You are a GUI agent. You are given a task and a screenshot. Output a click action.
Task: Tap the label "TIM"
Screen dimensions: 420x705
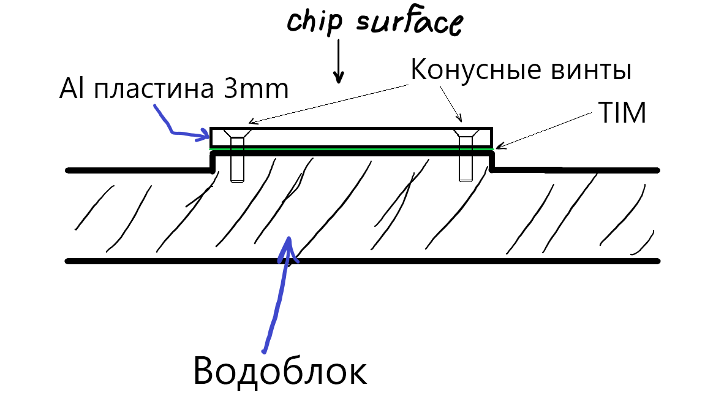pos(622,113)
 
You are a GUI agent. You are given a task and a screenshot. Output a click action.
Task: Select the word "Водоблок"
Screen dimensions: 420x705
pos(281,370)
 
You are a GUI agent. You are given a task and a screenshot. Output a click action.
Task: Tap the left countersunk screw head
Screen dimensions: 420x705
pos(236,134)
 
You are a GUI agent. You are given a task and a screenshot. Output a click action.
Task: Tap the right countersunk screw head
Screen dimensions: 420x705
pos(466,134)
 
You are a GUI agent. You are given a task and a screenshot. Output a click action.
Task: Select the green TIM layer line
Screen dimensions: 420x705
pos(349,148)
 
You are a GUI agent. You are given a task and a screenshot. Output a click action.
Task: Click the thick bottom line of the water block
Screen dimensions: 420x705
pos(361,261)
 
